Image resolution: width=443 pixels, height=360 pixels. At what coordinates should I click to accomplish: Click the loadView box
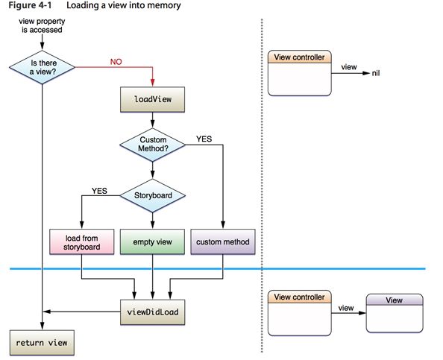(153, 99)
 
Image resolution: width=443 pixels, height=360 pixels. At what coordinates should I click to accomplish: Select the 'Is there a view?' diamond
(42, 67)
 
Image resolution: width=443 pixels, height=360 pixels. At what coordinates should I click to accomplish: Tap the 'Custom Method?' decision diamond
(153, 145)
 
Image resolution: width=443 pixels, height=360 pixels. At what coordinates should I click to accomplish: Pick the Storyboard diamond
(153, 195)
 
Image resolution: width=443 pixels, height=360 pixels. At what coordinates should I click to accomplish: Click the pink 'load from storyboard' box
(82, 242)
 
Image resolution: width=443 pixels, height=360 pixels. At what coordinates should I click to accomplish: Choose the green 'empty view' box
(153, 242)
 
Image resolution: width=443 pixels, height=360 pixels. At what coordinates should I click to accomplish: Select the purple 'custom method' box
(223, 242)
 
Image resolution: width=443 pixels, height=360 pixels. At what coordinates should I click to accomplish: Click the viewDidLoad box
(153, 312)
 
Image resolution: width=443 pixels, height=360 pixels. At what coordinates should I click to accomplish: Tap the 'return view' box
(42, 343)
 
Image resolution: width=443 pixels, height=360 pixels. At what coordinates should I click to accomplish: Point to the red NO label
(116, 62)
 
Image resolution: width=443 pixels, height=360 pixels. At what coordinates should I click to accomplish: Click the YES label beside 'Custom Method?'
(204, 139)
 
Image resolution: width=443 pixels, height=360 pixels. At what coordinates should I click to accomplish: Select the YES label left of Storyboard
(99, 191)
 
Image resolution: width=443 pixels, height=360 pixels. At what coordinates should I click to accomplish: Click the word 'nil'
(376, 73)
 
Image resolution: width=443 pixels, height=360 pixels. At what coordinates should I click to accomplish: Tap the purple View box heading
(395, 300)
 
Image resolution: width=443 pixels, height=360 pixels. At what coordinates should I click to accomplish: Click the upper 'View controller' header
(300, 57)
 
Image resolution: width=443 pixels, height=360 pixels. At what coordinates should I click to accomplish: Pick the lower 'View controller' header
(300, 297)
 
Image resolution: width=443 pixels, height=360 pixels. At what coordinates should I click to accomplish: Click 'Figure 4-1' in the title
(31, 5)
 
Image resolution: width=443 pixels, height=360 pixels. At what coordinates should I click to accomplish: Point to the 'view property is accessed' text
(42, 25)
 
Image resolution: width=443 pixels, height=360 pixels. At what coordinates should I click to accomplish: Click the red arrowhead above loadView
(153, 82)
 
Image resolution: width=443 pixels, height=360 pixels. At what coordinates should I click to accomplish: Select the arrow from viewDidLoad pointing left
(81, 312)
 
